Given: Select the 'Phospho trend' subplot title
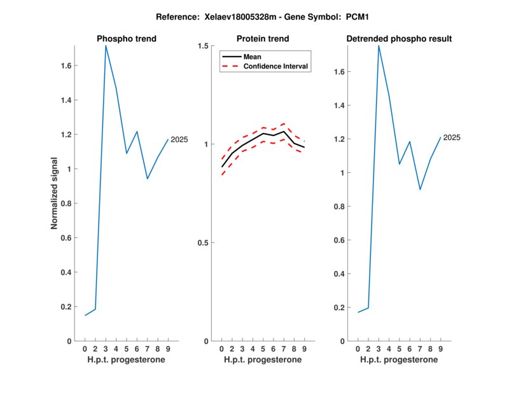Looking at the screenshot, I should (x=127, y=39).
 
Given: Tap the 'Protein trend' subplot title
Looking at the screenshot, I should (x=263, y=39).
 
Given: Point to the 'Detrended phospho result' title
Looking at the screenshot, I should (x=399, y=39).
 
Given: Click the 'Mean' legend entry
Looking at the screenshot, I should (x=253, y=57).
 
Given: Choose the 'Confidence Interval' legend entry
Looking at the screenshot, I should (x=276, y=66).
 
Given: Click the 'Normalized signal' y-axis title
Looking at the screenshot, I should (x=54, y=193).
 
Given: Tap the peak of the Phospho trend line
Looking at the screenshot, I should (x=106, y=46).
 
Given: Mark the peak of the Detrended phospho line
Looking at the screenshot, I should (x=379, y=46).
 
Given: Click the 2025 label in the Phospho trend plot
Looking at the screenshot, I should (x=179, y=139).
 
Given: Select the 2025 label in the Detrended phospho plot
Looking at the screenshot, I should (x=452, y=137).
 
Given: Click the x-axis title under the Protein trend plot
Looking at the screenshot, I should (x=263, y=360).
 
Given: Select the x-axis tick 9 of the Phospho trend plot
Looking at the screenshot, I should (x=168, y=349).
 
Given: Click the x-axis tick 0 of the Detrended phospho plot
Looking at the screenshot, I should (x=358, y=349).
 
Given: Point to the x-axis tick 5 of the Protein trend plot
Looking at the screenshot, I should (x=263, y=349).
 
